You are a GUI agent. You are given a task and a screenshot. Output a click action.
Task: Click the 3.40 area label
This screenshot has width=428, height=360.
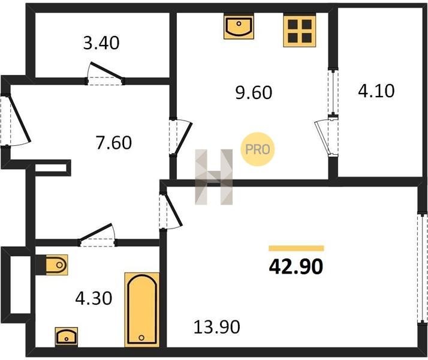(101, 43)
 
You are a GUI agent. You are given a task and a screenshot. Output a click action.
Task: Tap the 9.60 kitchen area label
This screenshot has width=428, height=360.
(254, 92)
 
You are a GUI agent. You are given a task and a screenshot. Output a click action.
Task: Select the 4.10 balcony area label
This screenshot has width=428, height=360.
(376, 91)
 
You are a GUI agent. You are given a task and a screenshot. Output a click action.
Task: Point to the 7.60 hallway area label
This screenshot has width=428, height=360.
(113, 143)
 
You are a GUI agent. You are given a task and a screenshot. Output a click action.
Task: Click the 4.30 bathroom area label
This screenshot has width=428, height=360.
(94, 298)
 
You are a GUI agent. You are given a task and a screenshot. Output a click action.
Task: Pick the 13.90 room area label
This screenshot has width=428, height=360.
(217, 327)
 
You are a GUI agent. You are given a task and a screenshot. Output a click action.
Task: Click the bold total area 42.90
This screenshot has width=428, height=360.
(296, 266)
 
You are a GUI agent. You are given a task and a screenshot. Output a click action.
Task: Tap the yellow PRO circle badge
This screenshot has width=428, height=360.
(257, 149)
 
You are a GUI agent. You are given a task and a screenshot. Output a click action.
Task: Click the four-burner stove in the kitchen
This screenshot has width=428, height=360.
(300, 31)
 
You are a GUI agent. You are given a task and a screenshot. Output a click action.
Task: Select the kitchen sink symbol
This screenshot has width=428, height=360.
(239, 27)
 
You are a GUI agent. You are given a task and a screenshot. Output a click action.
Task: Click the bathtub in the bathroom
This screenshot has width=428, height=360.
(142, 310)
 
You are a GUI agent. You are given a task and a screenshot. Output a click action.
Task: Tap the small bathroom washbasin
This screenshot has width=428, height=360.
(67, 337)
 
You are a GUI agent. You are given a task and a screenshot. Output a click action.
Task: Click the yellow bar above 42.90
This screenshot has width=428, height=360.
(296, 248)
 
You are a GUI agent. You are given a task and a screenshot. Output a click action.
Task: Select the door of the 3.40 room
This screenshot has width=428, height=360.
(106, 73)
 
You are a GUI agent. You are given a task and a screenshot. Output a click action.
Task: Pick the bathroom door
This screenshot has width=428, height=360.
(97, 235)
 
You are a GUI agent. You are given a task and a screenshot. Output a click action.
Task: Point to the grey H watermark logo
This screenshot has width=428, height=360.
(214, 177)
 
